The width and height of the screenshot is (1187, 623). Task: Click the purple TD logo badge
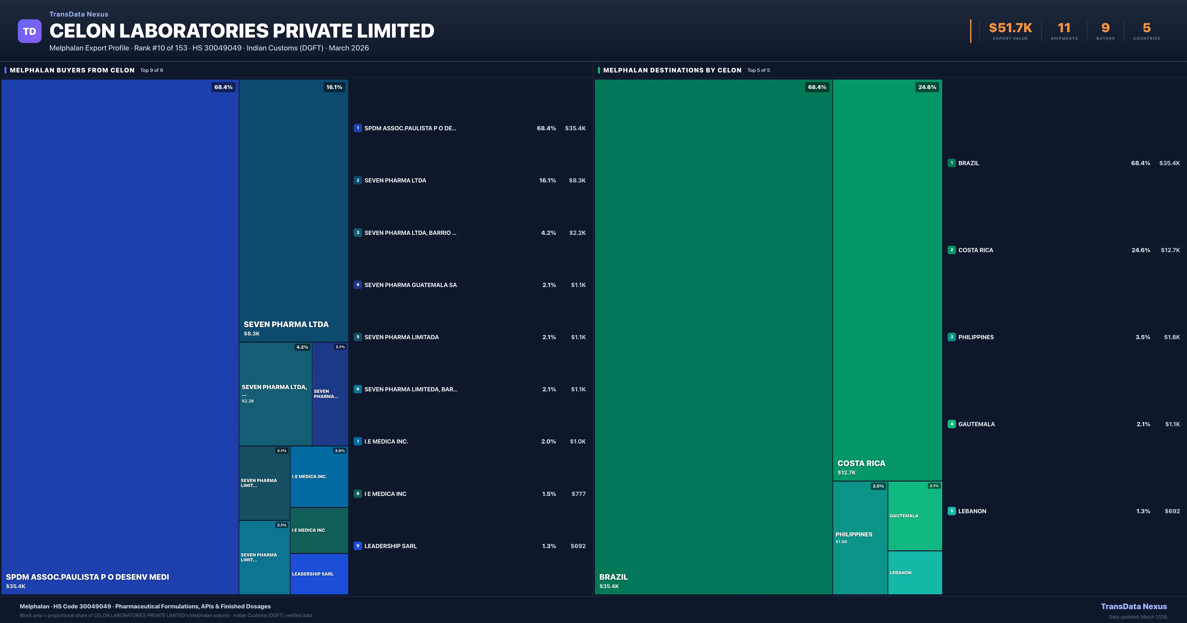click(29, 31)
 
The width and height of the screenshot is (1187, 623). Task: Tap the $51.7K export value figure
click(1010, 28)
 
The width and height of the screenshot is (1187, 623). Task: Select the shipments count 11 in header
click(1064, 28)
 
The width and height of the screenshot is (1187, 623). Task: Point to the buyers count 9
click(1105, 28)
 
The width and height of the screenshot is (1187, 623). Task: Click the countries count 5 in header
click(1146, 28)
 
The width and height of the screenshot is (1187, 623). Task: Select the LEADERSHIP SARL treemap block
click(319, 574)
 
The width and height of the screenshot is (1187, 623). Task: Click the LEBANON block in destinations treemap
click(915, 572)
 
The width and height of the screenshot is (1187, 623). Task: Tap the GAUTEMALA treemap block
click(915, 516)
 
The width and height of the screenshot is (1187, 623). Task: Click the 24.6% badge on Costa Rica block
click(927, 87)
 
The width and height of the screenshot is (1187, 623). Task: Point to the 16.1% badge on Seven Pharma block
click(334, 87)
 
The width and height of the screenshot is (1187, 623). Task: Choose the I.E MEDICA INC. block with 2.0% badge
click(319, 476)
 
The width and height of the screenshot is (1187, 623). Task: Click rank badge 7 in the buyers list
click(358, 442)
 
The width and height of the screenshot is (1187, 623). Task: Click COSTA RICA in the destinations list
click(976, 250)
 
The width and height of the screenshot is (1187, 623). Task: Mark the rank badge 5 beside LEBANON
click(952, 511)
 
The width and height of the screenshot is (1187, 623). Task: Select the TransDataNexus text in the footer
click(1134, 606)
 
